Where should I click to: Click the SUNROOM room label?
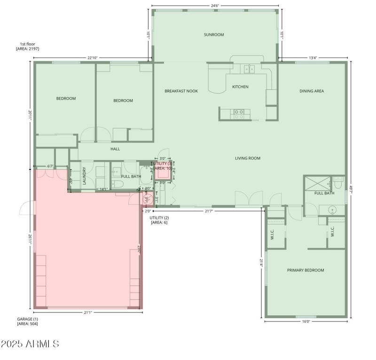214,34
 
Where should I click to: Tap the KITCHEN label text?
240,87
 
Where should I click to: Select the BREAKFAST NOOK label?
181,91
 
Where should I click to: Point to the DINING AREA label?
312,91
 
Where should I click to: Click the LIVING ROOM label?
248,158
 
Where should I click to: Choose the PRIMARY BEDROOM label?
305,270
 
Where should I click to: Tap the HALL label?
115,149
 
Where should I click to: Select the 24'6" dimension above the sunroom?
215,6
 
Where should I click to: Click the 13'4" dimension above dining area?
313,58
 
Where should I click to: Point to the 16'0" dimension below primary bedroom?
305,321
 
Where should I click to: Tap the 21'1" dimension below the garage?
87,312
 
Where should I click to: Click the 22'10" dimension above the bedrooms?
92,58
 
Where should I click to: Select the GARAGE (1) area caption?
27,321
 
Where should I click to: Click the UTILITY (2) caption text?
159,220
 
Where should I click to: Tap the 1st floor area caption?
27,46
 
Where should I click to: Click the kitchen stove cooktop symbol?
239,113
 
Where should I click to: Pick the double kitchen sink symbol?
248,69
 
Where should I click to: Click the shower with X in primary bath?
316,183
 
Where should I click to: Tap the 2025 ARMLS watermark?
30,344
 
